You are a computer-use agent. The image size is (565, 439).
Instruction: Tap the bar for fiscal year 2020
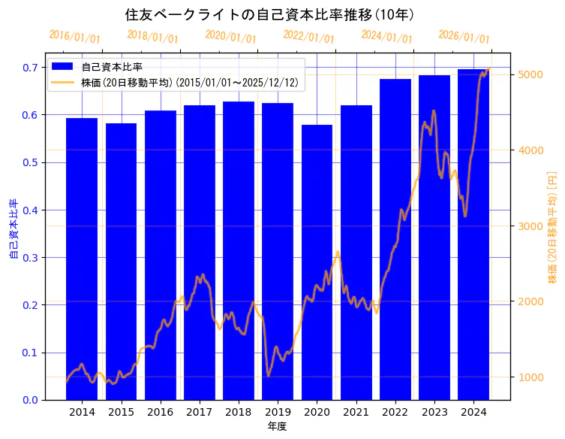(x=317, y=263)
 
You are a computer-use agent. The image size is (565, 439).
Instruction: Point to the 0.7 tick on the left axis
(x=30, y=68)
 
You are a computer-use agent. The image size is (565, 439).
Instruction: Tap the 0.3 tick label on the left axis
(x=30, y=258)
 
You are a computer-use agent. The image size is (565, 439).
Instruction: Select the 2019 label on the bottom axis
(x=278, y=412)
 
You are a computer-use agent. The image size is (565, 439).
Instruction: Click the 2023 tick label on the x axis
(x=434, y=412)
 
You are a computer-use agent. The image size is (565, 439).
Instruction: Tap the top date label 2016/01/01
(x=74, y=36)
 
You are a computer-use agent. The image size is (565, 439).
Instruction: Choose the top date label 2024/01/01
(x=386, y=36)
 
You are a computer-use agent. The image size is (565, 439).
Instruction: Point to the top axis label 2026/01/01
(x=464, y=36)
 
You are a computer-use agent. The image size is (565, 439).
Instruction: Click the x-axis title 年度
(x=278, y=427)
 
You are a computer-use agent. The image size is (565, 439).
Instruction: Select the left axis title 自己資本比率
(x=13, y=229)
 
